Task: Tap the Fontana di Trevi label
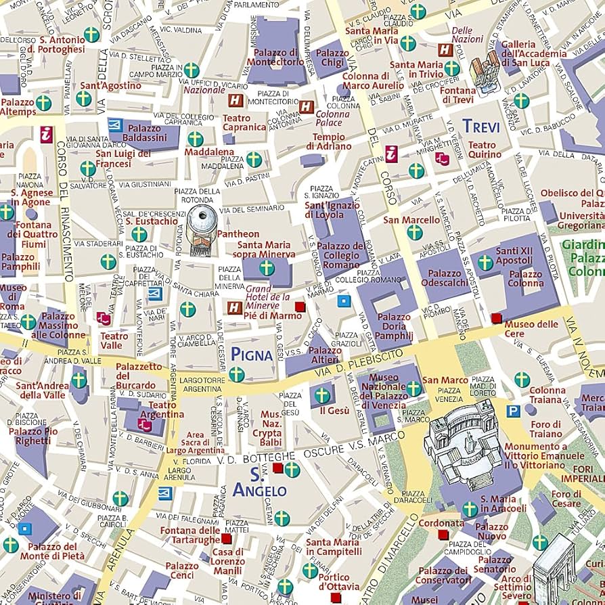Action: point(459,95)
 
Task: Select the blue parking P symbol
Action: point(514,411)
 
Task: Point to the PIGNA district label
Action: point(252,354)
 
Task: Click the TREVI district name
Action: point(481,127)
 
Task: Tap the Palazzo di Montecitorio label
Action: point(275,57)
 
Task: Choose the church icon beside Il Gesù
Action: point(322,395)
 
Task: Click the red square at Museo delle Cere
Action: point(496,317)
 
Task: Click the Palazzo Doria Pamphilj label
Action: point(394,326)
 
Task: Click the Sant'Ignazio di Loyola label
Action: point(334,210)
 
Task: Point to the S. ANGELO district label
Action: point(259,482)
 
